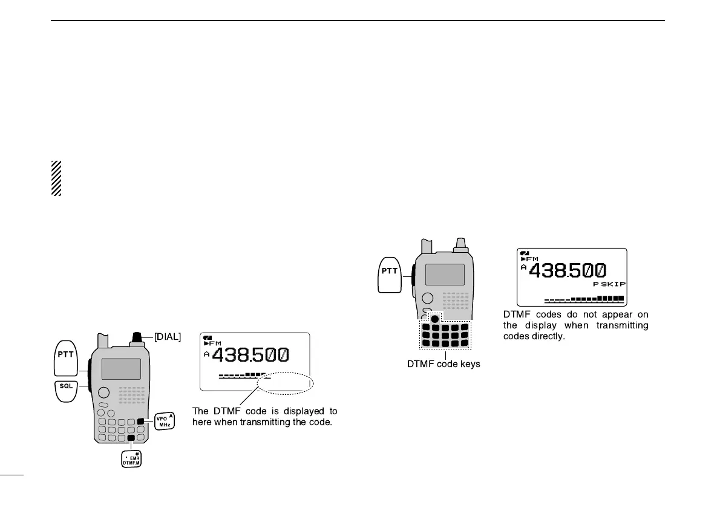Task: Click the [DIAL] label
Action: pos(167,337)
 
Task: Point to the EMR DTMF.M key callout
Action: pos(131,460)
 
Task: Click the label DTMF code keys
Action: pos(444,364)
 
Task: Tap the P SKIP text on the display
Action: pos(609,284)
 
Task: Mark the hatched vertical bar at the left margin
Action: pos(56,178)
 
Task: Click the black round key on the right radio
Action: pos(434,317)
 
